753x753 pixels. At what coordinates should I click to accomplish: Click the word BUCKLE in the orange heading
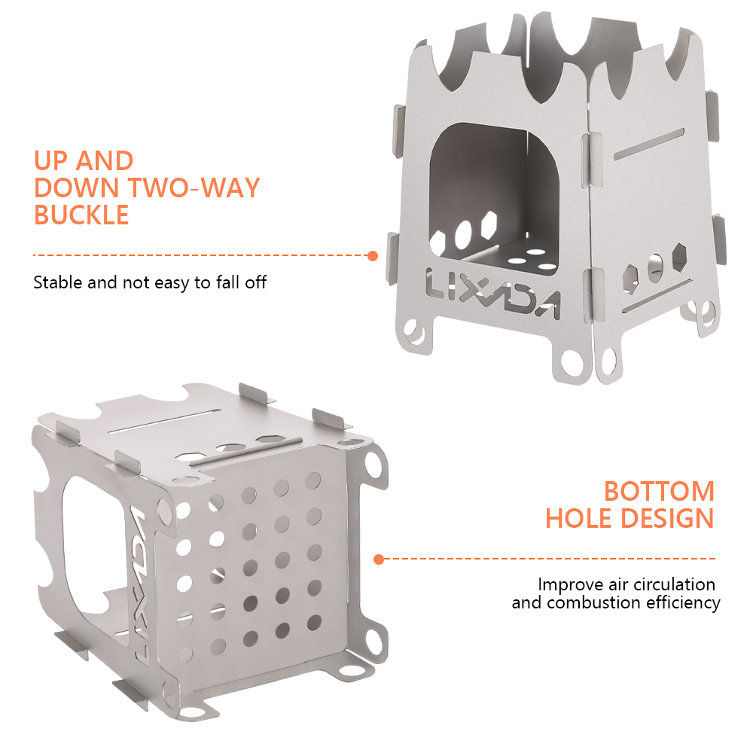(81, 215)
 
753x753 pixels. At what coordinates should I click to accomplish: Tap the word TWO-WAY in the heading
(194, 187)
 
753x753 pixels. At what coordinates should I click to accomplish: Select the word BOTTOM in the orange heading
(659, 491)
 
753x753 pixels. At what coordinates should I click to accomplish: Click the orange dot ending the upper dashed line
(372, 256)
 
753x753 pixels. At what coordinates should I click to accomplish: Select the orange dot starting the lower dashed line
(379, 559)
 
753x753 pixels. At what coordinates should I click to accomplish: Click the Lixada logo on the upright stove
(492, 294)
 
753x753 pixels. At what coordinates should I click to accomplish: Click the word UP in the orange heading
(50, 161)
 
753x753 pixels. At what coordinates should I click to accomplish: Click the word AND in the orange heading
(104, 161)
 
